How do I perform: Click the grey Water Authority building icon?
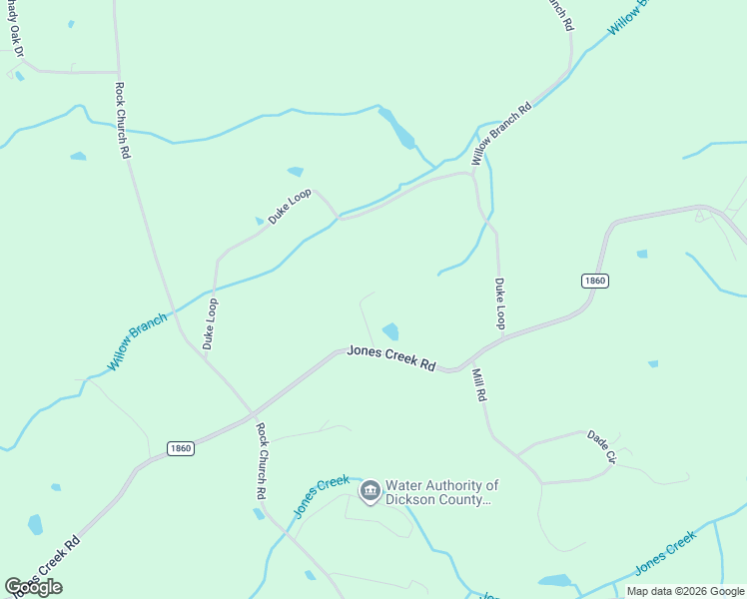pyautogui.click(x=370, y=491)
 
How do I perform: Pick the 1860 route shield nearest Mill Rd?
pyautogui.click(x=594, y=282)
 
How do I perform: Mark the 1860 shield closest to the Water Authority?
pyautogui.click(x=180, y=448)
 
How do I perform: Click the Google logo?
pyautogui.click(x=34, y=587)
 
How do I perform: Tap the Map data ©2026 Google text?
pyautogui.click(x=684, y=591)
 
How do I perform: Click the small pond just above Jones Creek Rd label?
pyautogui.click(x=390, y=331)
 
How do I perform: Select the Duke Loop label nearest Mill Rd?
pyautogui.click(x=500, y=303)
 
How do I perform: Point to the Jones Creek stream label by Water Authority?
pyautogui.click(x=322, y=496)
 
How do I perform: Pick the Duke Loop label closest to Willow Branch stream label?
pyautogui.click(x=210, y=323)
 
